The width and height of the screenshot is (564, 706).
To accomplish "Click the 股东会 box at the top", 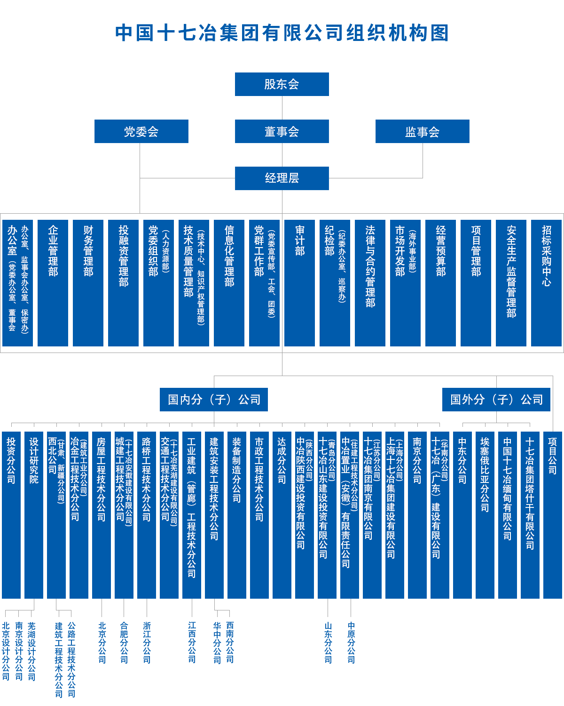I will coord(282,84).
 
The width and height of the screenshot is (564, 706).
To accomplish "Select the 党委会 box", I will coord(141,131).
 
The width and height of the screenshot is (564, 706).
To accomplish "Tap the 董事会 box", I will coord(282,131).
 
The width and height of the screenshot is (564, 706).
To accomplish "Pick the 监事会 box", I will coord(422,131).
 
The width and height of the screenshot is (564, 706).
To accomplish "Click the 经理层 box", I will coord(282,178).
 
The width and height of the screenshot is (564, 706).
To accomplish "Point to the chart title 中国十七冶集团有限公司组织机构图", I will coord(282,33).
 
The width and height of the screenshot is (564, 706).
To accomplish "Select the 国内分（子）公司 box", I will coord(213,400).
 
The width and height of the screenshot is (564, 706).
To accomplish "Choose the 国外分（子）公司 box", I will coord(496,400).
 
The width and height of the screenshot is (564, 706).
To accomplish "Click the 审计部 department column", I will coord(299,282).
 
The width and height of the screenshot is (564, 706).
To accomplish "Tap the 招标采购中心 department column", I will coord(546,282).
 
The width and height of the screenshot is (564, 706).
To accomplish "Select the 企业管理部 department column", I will coord(53,282).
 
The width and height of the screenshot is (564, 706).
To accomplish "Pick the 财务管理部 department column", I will coord(88,282).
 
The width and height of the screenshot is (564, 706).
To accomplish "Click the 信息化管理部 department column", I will coord(229,282).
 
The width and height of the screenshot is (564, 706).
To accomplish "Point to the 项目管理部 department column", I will coord(476,282).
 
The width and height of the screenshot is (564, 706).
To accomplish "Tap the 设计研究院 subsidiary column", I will coord(34,514).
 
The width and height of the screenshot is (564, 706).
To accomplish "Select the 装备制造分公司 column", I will coord(236,514).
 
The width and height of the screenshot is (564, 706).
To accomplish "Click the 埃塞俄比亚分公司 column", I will coord(485,514).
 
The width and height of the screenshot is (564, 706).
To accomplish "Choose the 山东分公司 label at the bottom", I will coord(328,642).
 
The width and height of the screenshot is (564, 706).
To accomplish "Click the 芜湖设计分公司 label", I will coord(31,651).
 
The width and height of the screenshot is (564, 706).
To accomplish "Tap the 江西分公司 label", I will coord(192,642).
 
